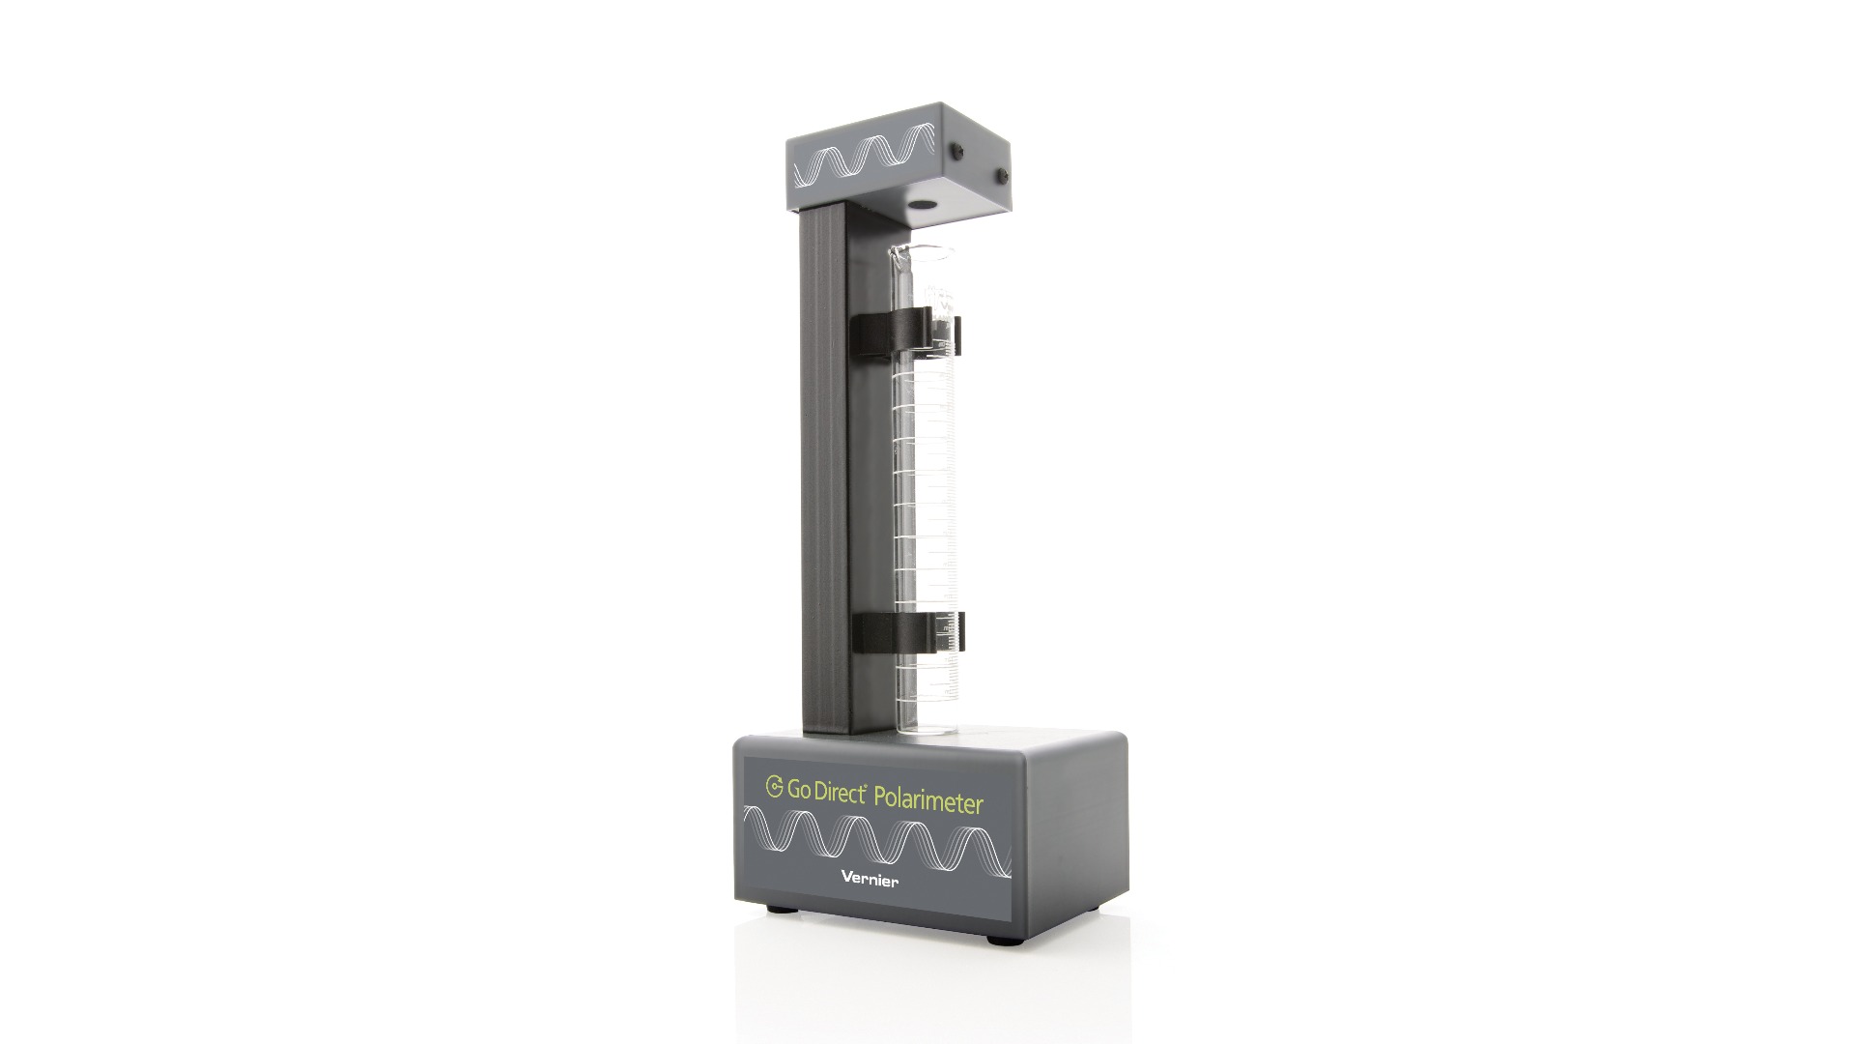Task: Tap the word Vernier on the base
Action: pos(870,879)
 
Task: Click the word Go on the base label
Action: pos(798,789)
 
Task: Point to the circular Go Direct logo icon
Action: pos(774,786)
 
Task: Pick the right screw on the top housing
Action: pos(1002,176)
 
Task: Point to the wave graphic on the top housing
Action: pos(863,159)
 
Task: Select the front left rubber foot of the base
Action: pos(775,908)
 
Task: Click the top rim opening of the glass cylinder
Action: pos(923,252)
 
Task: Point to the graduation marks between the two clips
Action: pos(927,483)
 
